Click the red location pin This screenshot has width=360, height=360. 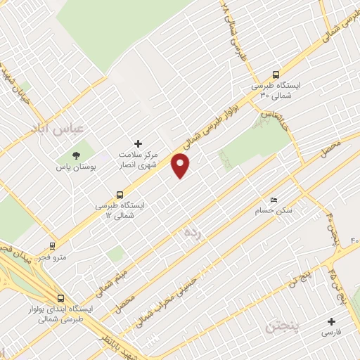181,165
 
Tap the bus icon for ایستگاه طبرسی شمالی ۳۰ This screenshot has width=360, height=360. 275,74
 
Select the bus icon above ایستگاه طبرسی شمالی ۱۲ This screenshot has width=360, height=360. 120,195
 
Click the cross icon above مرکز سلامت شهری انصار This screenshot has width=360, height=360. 138,143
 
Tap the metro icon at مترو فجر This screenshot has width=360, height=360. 52,246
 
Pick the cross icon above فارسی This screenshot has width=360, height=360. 331,321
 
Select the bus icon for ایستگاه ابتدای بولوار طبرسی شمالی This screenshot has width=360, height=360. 60,297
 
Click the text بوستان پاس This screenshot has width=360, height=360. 77,169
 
